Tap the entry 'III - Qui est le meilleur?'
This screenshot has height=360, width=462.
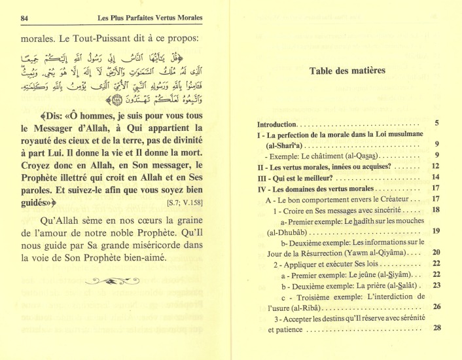pos(301,177)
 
